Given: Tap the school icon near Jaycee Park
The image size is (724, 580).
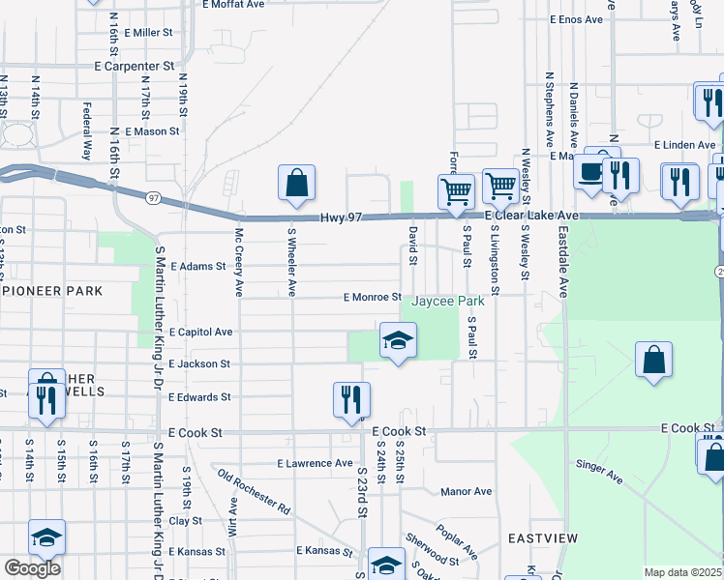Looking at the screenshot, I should (x=397, y=340).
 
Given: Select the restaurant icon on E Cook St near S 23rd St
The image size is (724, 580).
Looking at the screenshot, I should (x=351, y=399).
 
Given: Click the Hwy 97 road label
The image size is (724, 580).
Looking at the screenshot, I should (x=342, y=218).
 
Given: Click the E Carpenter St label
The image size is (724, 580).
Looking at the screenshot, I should (x=134, y=66).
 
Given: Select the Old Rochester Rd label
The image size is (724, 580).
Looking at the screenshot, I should (x=254, y=491).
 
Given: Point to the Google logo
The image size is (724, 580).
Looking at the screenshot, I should (x=32, y=568).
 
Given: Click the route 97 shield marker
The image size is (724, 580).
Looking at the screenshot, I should (x=153, y=197).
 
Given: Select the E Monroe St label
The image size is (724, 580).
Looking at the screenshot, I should (x=372, y=298).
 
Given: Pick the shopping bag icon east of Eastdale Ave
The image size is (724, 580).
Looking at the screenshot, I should (x=654, y=359).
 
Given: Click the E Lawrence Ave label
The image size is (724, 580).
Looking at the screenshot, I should (x=315, y=463).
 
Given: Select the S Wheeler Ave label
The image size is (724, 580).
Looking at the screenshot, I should (x=290, y=262).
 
